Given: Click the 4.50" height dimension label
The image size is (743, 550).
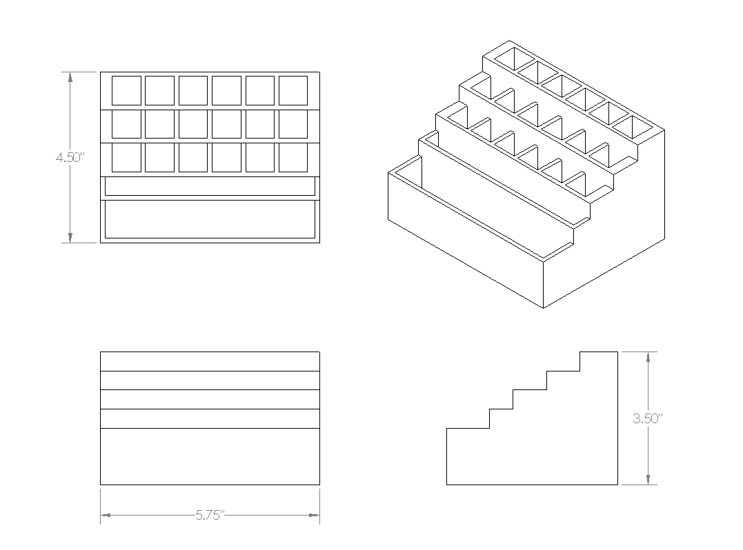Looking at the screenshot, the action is point(70,157).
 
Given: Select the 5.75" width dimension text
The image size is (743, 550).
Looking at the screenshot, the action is point(210,515).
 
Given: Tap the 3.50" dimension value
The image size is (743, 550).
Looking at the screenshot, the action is point(647,418).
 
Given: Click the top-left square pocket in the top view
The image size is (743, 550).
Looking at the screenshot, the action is point(126,90).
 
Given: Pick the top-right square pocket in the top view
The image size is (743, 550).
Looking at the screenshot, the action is point(293,90).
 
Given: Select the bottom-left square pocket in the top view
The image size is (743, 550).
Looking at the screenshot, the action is point(126,158).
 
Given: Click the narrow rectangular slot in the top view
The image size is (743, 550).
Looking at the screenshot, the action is point(210,186).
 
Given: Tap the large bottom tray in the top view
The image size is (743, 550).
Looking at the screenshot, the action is point(210,219).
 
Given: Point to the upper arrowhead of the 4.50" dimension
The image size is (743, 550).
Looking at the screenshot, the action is point(70,77).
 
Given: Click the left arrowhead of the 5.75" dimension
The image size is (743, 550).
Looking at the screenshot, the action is point(106,515).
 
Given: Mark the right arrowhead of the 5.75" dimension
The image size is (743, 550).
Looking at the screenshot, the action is point(314,515).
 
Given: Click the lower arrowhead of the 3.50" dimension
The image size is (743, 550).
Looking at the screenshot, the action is point(648,480).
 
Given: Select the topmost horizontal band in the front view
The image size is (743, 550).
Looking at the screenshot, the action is point(210,362).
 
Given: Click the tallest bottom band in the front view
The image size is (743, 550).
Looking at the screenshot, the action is point(210,457).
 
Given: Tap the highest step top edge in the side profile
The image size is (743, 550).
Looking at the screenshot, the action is point(599,352).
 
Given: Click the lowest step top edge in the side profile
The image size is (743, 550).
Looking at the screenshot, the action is point(468,429).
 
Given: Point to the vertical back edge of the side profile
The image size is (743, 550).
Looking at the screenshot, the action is point(618,418).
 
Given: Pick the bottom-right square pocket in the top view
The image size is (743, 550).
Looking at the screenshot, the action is point(293,158).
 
